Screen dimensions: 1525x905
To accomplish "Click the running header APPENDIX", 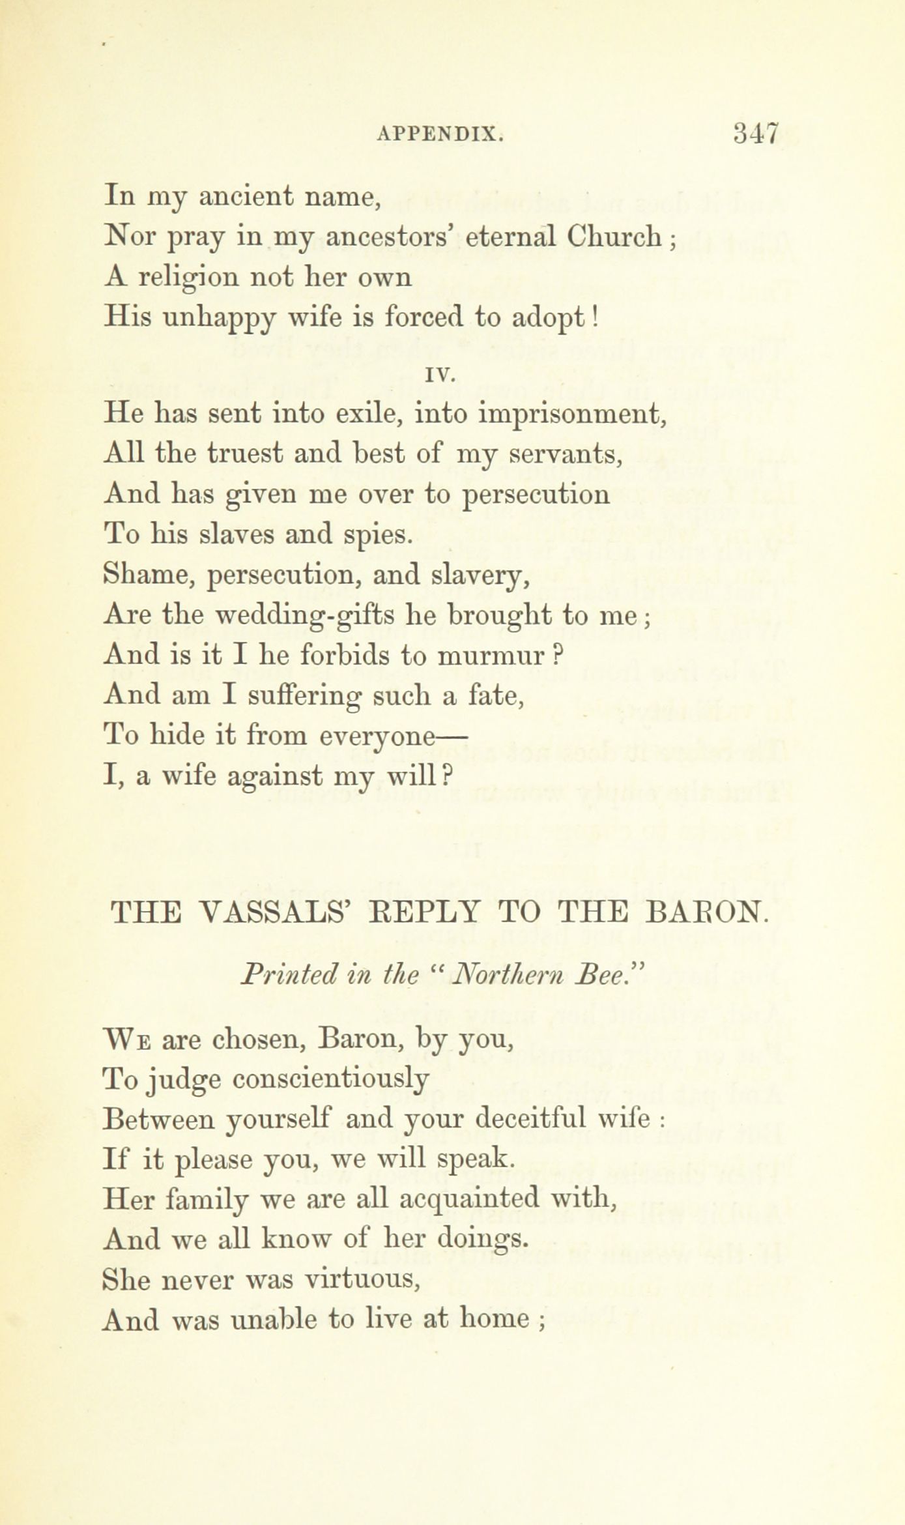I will pos(440,136).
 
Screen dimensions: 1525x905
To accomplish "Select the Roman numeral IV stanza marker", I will pos(443,375).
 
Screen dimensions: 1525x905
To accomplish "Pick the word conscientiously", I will pos(331,1080).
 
